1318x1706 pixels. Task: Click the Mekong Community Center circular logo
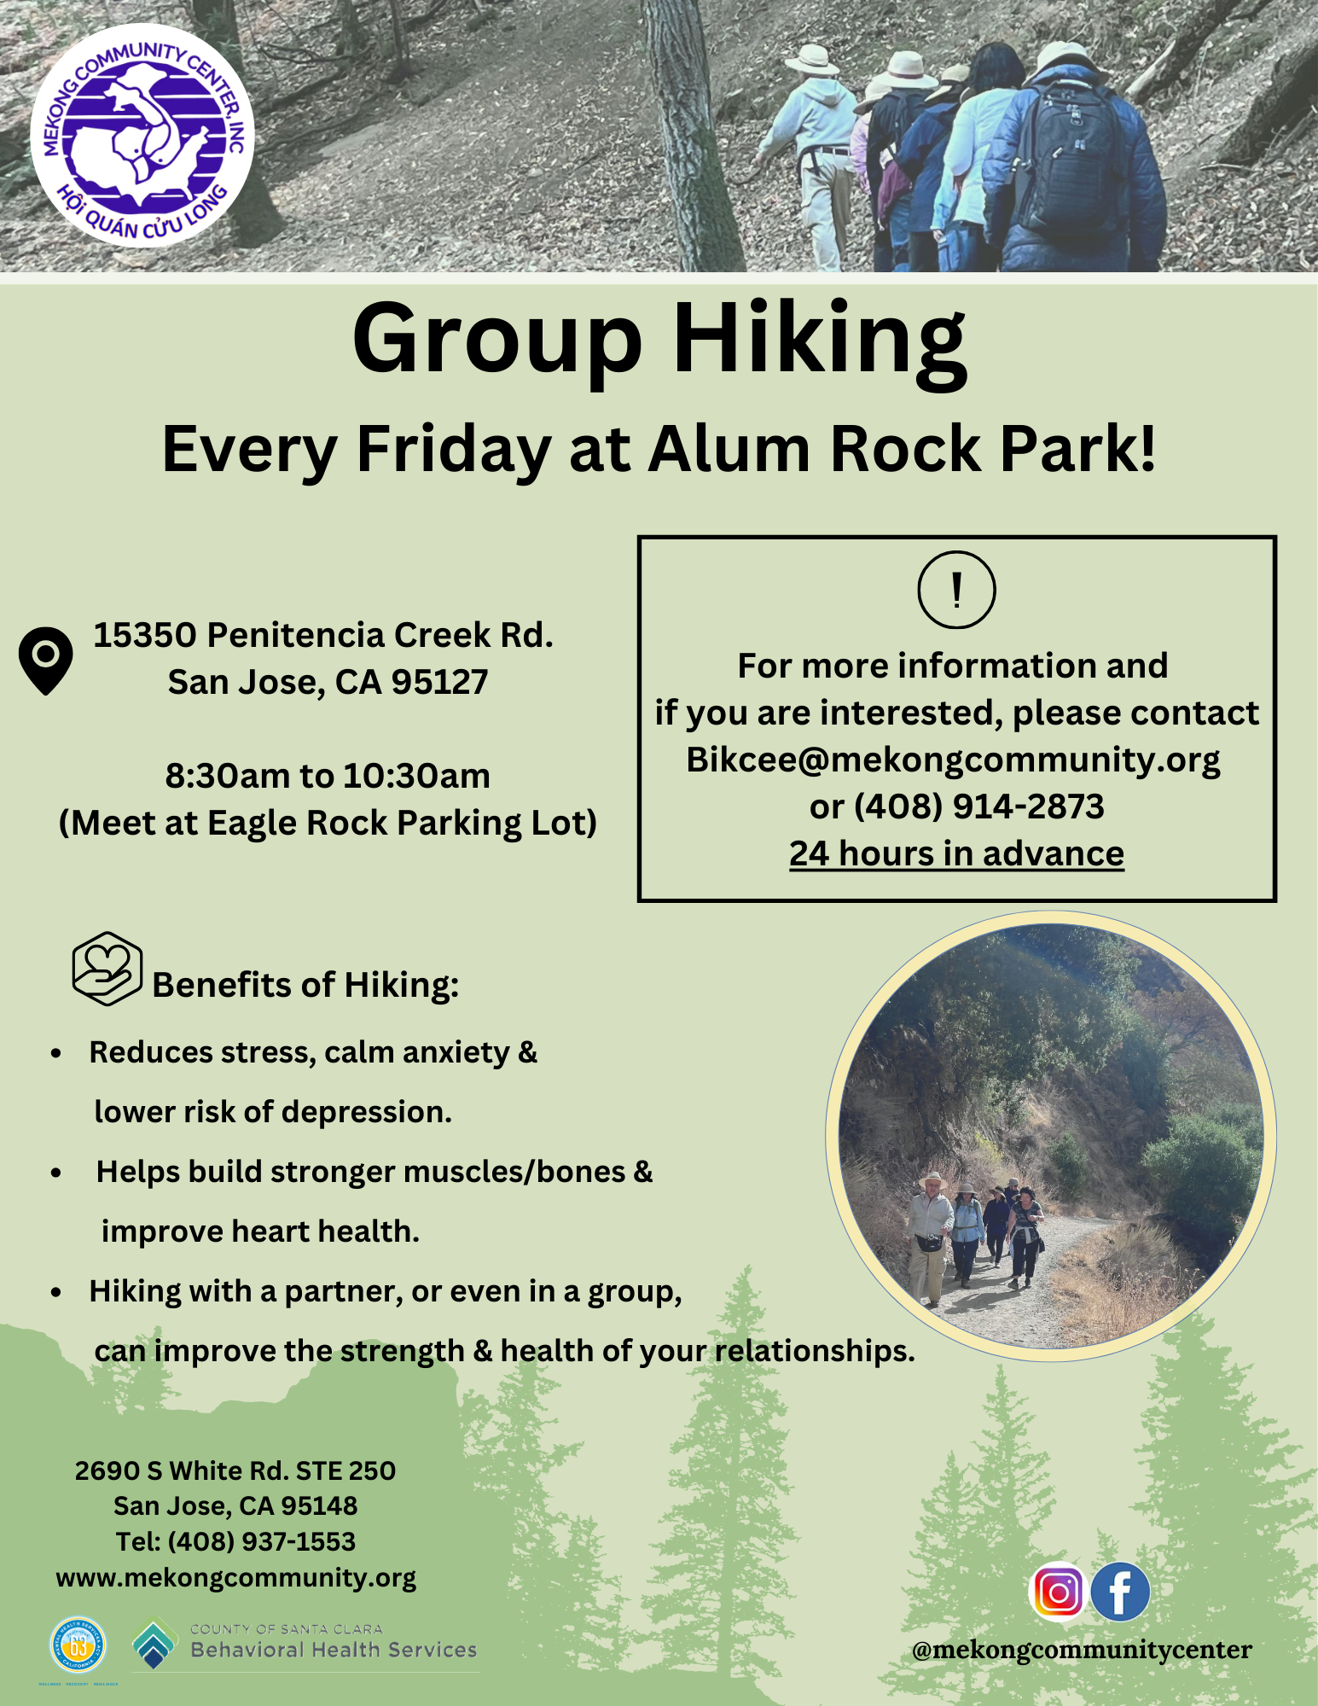coord(142,137)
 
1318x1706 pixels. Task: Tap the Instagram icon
coord(1058,1592)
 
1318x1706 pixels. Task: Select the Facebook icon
coord(1120,1592)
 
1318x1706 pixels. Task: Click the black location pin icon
coord(45,661)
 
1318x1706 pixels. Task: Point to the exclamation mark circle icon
coord(956,590)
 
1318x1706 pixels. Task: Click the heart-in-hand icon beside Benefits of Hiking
coord(107,968)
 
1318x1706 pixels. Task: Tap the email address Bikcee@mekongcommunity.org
coord(954,759)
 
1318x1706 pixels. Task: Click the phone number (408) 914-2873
coord(978,806)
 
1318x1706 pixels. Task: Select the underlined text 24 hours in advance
coord(956,853)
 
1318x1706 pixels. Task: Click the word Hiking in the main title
coord(820,341)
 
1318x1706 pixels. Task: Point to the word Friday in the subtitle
coord(454,450)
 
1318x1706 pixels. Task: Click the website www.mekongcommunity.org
coord(236,1578)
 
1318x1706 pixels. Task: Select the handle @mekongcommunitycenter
coord(1082,1651)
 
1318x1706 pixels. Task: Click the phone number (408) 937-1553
coord(261,1541)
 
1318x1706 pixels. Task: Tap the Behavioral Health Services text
coord(334,1650)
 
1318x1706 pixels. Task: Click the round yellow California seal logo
coord(78,1644)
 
